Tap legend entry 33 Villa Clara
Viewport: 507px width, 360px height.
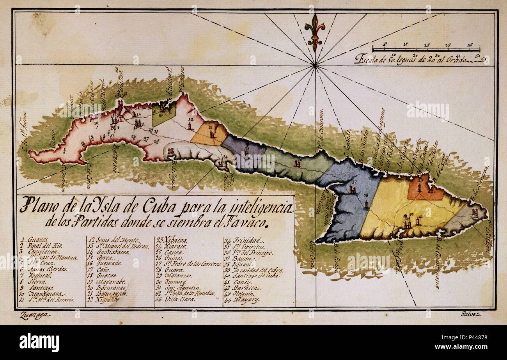[178, 300]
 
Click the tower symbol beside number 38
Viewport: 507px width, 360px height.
[366, 203]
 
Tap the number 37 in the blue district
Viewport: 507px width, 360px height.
[354, 183]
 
